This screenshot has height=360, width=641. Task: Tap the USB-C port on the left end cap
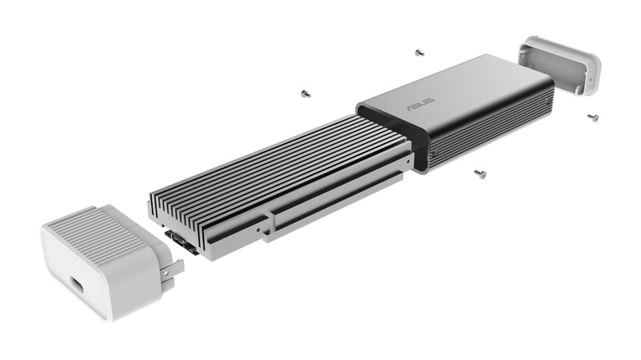coord(76,286)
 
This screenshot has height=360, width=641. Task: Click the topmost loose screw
coord(419,52)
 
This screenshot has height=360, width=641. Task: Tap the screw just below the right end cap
coord(593,117)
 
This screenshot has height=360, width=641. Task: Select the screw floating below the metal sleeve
coord(478,173)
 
